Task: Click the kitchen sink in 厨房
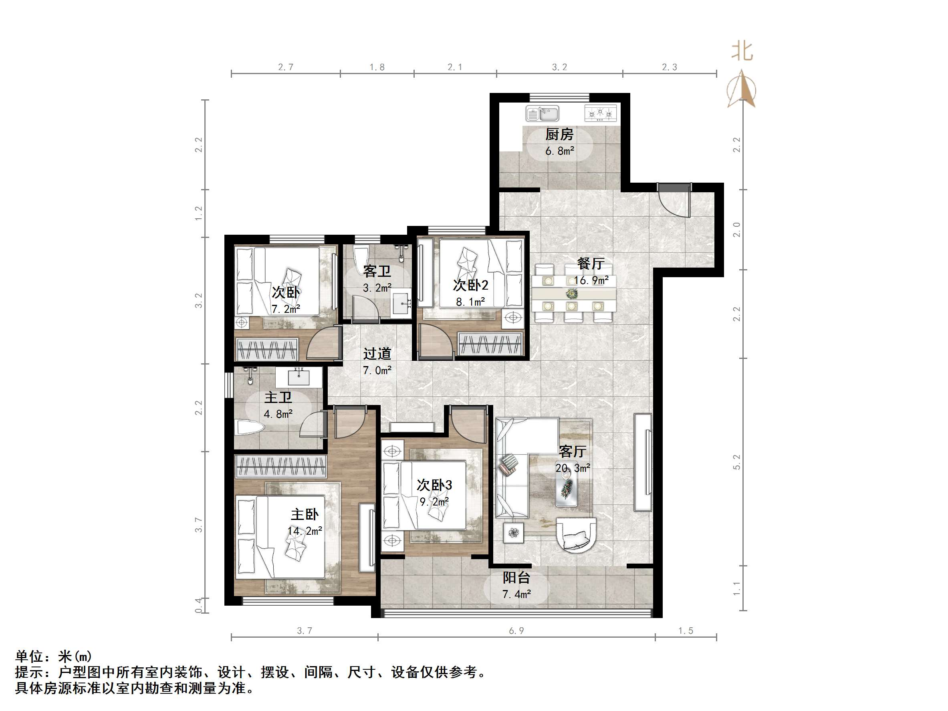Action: coord(543,114)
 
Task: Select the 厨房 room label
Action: coord(559,135)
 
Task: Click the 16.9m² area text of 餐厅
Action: coord(591,281)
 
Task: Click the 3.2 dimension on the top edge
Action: coord(559,67)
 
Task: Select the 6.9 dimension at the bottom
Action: coord(516,631)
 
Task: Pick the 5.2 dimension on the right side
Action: coord(737,462)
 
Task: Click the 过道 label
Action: coord(377,354)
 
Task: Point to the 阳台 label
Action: coord(516,578)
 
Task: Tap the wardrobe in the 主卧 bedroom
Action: coord(281,467)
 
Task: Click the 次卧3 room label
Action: coord(434,485)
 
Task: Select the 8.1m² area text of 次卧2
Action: coord(470,302)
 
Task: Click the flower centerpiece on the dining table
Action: coord(571,294)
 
